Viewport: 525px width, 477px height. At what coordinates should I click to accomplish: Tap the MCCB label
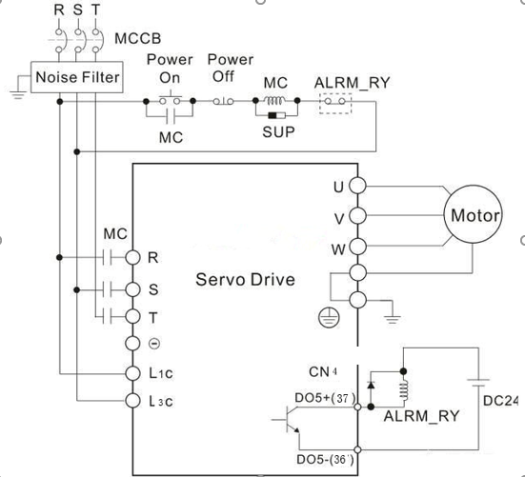(x=137, y=38)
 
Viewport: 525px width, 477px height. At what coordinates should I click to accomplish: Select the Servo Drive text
(x=245, y=279)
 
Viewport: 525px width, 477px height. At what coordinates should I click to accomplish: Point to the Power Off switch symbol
(x=223, y=101)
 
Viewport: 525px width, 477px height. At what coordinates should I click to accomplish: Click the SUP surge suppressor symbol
(x=276, y=116)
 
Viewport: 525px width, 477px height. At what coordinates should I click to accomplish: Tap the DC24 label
(x=500, y=401)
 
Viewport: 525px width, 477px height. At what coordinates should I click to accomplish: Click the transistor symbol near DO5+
(x=288, y=419)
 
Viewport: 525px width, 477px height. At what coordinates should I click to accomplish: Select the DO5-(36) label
(x=325, y=459)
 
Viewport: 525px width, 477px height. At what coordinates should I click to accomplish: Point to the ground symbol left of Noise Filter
(x=18, y=94)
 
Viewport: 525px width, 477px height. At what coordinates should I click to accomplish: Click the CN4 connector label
(x=323, y=371)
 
